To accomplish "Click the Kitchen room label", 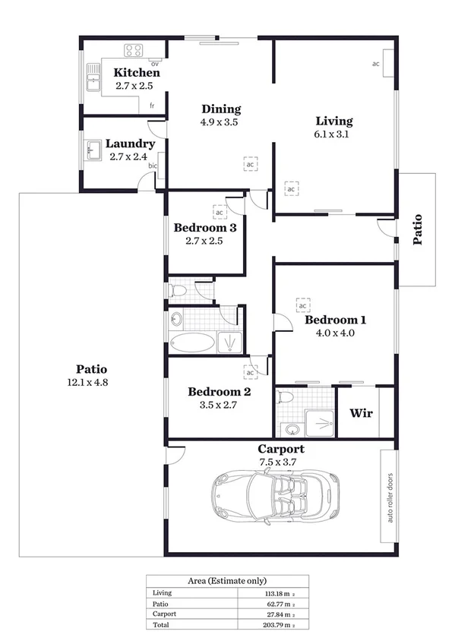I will pyautogui.click(x=137, y=73).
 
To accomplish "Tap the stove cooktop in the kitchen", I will pyautogui.click(x=134, y=51).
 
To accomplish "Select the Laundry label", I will pyautogui.click(x=130, y=144).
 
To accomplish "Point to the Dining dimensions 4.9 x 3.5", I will pyautogui.click(x=220, y=122).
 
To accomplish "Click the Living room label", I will pyautogui.click(x=334, y=121).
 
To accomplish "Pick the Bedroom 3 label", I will pyautogui.click(x=205, y=227).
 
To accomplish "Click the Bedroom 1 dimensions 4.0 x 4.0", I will pyautogui.click(x=330, y=333).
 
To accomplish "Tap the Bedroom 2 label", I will pyautogui.click(x=220, y=392).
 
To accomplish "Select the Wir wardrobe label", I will pyautogui.click(x=359, y=414).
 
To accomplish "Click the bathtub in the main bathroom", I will pyautogui.click(x=191, y=343).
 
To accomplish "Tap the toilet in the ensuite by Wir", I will pyautogui.click(x=286, y=397).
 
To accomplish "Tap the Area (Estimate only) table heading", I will pyautogui.click(x=227, y=580).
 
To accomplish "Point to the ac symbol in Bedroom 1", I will pyautogui.click(x=303, y=305).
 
